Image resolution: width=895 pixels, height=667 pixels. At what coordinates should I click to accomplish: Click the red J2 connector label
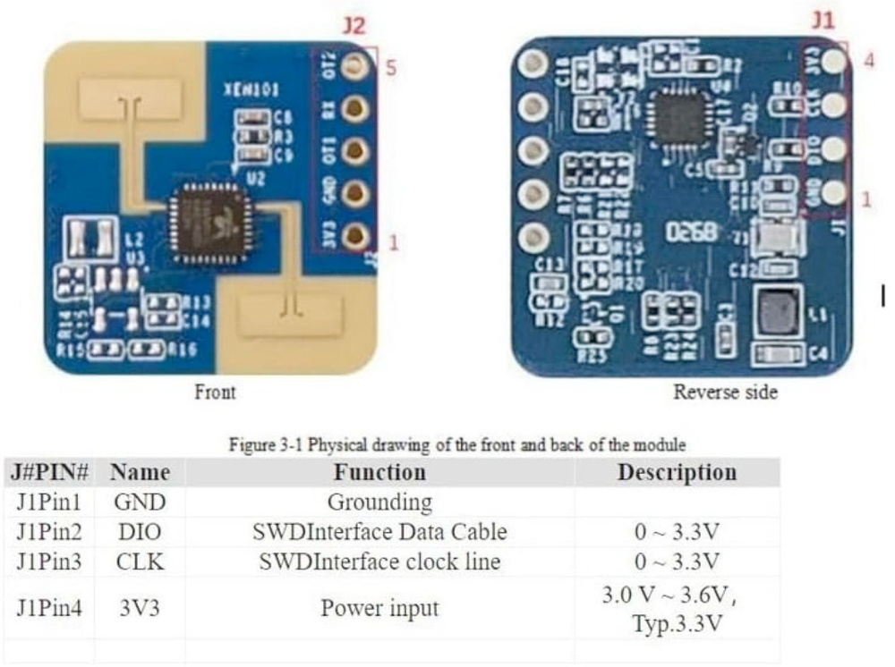pos(354,26)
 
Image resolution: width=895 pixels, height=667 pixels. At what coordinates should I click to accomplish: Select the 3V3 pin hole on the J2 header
pos(356,234)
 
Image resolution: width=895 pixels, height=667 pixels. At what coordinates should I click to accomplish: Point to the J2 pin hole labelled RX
pos(356,107)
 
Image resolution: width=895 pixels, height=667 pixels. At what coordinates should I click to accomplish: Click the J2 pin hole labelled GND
pos(356,191)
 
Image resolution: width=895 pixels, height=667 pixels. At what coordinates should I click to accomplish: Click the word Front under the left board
pos(215,392)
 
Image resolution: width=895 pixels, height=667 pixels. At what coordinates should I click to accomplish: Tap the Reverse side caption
pos(725,392)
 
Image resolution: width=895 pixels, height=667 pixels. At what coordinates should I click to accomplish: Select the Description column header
pos(677,472)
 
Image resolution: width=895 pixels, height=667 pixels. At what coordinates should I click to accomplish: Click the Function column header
pos(379,472)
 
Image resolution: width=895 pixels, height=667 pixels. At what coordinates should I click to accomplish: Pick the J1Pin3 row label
pos(49,562)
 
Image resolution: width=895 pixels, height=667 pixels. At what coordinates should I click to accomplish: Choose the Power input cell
pos(379,609)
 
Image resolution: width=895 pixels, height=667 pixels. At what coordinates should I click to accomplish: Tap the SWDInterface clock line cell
pos(379,562)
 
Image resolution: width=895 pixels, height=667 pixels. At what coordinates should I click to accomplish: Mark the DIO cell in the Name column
pos(140,532)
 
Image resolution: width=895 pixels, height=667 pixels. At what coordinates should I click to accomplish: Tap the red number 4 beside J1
pos(869,62)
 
